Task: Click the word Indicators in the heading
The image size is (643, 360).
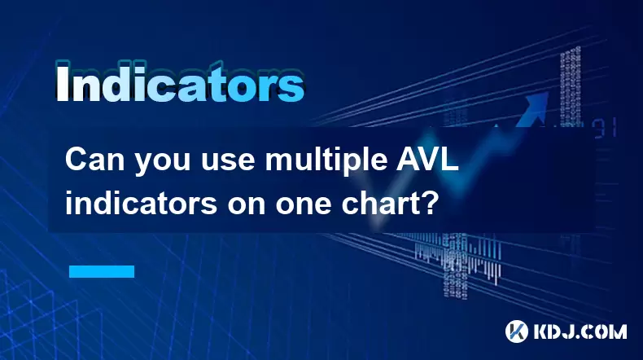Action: [180, 82]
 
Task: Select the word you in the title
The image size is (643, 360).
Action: [163, 163]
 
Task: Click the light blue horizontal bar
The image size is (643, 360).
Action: [102, 271]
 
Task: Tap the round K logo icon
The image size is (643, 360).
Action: [517, 331]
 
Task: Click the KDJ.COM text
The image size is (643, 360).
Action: [580, 331]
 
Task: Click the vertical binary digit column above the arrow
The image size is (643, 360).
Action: [571, 86]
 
